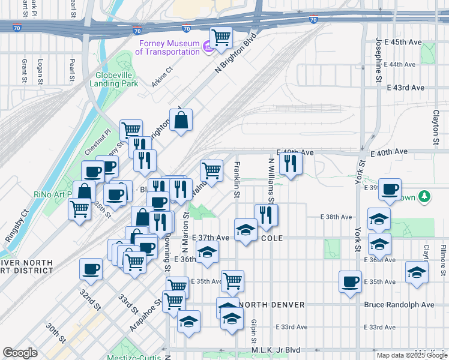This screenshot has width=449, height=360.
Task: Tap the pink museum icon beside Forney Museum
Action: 208,46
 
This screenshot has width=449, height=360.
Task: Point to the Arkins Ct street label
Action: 161,77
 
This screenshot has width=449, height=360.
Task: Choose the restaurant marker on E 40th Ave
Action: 291,163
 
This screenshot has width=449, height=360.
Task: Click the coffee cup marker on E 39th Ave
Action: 390,190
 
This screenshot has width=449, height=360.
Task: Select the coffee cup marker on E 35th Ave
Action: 350,281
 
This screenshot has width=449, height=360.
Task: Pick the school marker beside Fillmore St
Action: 417,272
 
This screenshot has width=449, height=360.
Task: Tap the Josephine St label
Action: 378,60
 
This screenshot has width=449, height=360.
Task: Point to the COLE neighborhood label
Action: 270,238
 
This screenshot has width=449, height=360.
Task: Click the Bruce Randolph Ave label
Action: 399,305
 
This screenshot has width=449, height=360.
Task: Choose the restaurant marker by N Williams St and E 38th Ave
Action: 266,215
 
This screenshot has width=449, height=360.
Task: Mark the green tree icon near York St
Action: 424,197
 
